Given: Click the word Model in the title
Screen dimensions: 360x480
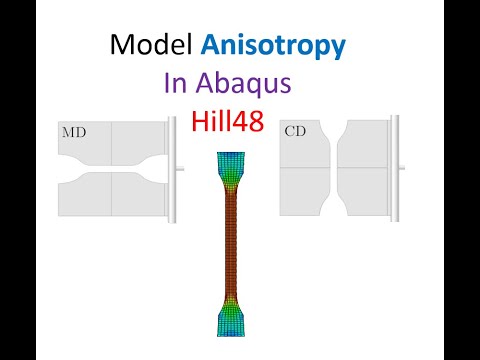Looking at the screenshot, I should point(149,45).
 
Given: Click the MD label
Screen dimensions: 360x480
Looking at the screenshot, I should point(74,132).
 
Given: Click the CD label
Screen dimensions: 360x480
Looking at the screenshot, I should point(295,131).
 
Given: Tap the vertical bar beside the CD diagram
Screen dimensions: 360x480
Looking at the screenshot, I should point(396,166).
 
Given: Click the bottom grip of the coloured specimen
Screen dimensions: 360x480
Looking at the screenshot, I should point(229,323).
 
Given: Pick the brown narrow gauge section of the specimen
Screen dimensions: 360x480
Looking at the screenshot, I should point(229,245).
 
